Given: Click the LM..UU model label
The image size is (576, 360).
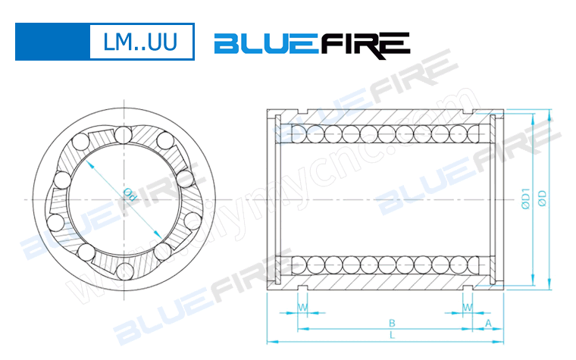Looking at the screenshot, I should [141, 42].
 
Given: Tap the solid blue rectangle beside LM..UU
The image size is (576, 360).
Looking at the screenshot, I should [49, 42].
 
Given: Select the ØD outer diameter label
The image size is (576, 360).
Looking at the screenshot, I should [542, 199].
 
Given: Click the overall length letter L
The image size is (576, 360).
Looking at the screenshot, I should [391, 334].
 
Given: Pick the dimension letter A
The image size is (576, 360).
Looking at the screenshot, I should [488, 322].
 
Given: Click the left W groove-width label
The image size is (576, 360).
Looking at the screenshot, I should [303, 308].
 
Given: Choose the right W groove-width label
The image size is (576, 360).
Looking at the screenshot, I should [468, 308].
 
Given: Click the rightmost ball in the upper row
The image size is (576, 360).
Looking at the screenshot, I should [476, 134].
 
